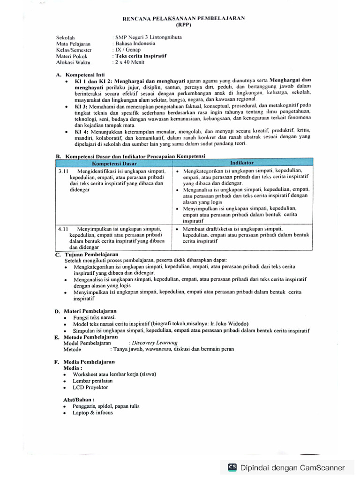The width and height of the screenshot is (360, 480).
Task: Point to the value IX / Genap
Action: (x=127, y=49)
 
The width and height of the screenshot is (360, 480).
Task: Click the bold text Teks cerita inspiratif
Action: (x=141, y=56)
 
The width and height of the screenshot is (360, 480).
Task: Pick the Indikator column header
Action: (x=242, y=162)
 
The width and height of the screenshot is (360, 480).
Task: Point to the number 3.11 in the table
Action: (x=63, y=172)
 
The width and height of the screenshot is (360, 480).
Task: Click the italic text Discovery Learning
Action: (x=155, y=343)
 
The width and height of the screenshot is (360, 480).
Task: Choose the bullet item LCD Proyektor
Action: (x=90, y=388)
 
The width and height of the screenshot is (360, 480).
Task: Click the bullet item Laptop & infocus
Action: (x=92, y=413)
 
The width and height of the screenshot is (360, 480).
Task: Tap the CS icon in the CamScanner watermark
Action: (x=232, y=467)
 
